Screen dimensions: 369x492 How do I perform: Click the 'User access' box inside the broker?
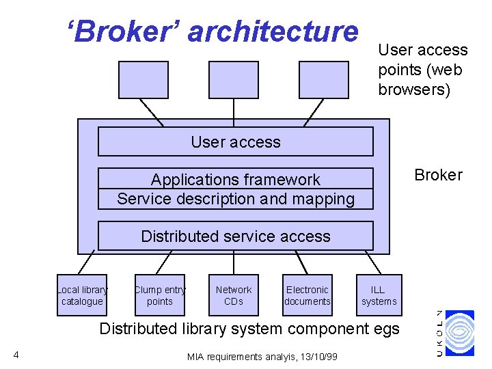point(236,142)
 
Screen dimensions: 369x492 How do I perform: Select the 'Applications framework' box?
point(236,189)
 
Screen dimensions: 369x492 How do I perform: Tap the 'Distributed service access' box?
point(236,236)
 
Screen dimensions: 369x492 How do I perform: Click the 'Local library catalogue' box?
point(82,295)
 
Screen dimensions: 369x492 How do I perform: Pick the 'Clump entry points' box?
point(160,295)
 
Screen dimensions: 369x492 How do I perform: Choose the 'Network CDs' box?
point(234,295)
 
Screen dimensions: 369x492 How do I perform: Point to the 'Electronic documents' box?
point(307,295)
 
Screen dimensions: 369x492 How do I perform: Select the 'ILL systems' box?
point(379,295)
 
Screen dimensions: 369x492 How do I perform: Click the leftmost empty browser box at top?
point(143,80)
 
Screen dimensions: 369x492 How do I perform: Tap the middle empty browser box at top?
point(234,80)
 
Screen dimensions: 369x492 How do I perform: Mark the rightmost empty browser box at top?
point(324,80)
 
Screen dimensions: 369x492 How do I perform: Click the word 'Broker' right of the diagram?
point(438,175)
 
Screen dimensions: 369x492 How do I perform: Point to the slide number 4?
point(16,354)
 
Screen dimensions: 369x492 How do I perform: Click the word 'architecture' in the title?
point(272,31)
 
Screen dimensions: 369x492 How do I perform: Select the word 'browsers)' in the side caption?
point(414,90)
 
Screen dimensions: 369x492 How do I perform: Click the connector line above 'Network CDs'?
point(234,262)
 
